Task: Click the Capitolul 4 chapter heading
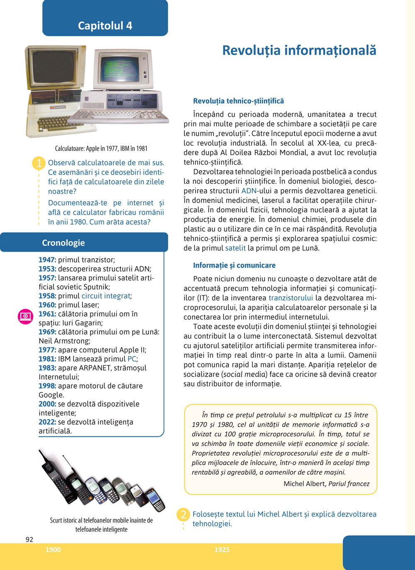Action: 105,26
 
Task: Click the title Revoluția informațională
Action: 299,50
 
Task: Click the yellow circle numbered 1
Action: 39,163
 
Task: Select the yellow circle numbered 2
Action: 183,515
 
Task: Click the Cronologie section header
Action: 63,243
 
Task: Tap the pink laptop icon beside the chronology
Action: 25,316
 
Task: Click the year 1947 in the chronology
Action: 47,260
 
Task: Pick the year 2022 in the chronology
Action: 47,422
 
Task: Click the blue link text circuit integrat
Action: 106,296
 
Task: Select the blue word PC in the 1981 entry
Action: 132,359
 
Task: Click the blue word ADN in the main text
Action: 249,191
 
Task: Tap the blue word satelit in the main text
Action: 235,248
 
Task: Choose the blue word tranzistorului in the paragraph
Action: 290,298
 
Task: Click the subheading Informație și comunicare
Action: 234,265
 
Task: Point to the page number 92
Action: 29,540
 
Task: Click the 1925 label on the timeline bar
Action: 222,550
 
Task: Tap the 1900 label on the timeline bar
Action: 53,550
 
